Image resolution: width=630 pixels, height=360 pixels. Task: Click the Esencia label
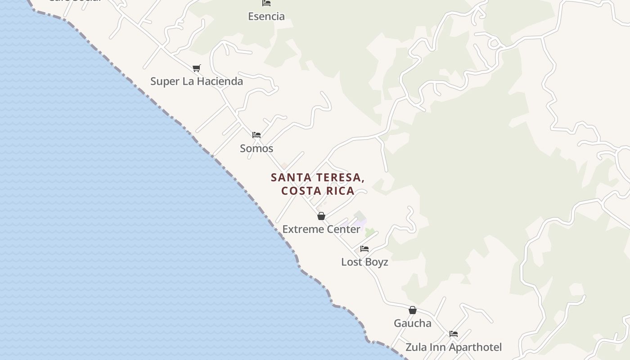point(266,17)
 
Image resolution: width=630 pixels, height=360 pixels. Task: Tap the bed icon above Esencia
point(266,3)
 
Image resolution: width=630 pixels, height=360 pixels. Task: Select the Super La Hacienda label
point(197,81)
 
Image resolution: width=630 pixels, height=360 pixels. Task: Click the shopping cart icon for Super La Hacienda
point(196,68)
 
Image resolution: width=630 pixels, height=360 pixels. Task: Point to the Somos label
point(256,148)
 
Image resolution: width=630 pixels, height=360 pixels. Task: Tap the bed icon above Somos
point(256,135)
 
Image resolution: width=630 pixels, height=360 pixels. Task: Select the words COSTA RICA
point(318,191)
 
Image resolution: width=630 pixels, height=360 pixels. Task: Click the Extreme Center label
point(321,229)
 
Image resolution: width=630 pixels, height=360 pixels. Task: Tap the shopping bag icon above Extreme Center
point(321,216)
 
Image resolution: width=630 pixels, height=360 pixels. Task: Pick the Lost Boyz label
point(364,262)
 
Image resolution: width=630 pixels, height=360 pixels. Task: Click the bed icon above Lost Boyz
point(364,249)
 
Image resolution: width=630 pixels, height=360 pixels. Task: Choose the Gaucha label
point(413,324)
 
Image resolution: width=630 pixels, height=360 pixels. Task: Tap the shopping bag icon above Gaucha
point(413,310)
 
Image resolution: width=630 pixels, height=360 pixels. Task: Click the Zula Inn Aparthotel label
point(454,347)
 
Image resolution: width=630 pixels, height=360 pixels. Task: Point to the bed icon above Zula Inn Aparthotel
point(454,334)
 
